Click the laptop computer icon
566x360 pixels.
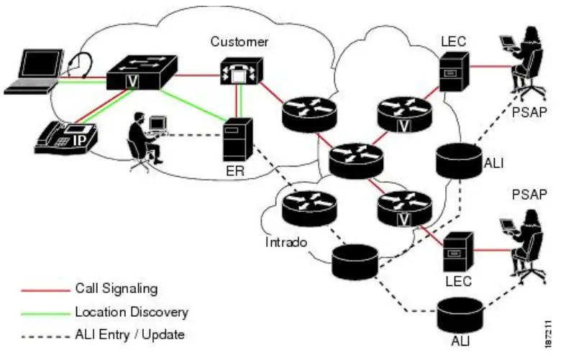[x=31, y=72]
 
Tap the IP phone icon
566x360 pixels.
[x=65, y=137]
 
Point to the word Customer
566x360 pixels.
[x=239, y=42]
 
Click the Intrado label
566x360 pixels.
[x=286, y=242]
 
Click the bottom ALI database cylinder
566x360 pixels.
[x=460, y=317]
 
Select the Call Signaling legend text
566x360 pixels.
[x=116, y=289]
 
